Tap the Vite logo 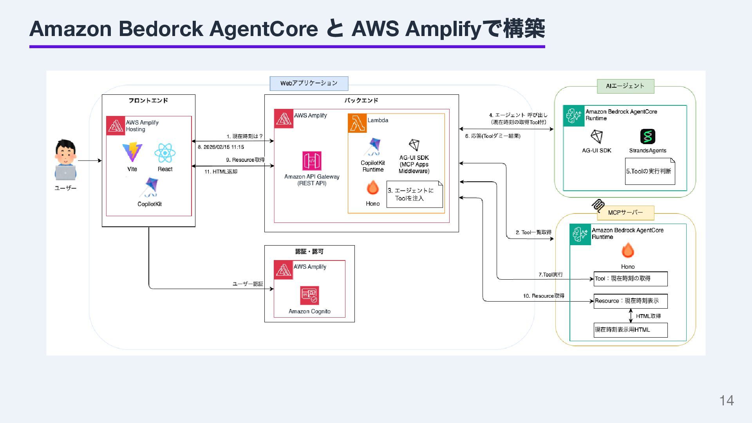pos(132,152)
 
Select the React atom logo pos(165,153)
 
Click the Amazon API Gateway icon pos(312,161)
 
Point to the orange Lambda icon pos(357,123)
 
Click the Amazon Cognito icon pos(309,295)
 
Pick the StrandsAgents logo pos(647,137)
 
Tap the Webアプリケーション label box pos(309,83)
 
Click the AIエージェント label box pos(625,86)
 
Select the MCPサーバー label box pos(625,213)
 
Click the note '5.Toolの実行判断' pos(650,171)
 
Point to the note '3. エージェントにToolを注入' pos(414,194)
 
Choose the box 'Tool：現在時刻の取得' pos(630,279)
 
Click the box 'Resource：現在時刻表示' pos(630,301)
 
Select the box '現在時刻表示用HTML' pos(630,330)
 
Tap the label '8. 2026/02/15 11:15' pos(221,147)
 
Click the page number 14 pos(727,400)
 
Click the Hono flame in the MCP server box pos(627,251)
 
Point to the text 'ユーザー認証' pos(248,284)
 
